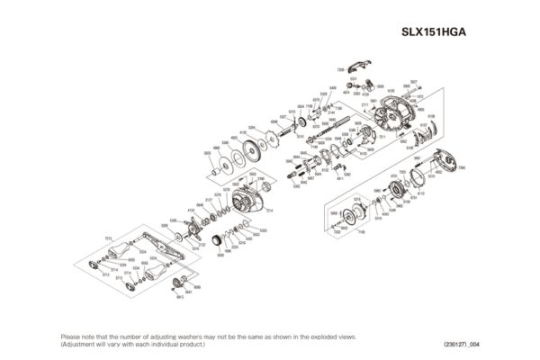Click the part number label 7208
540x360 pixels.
coord(340,69)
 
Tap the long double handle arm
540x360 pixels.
coord(154,256)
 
